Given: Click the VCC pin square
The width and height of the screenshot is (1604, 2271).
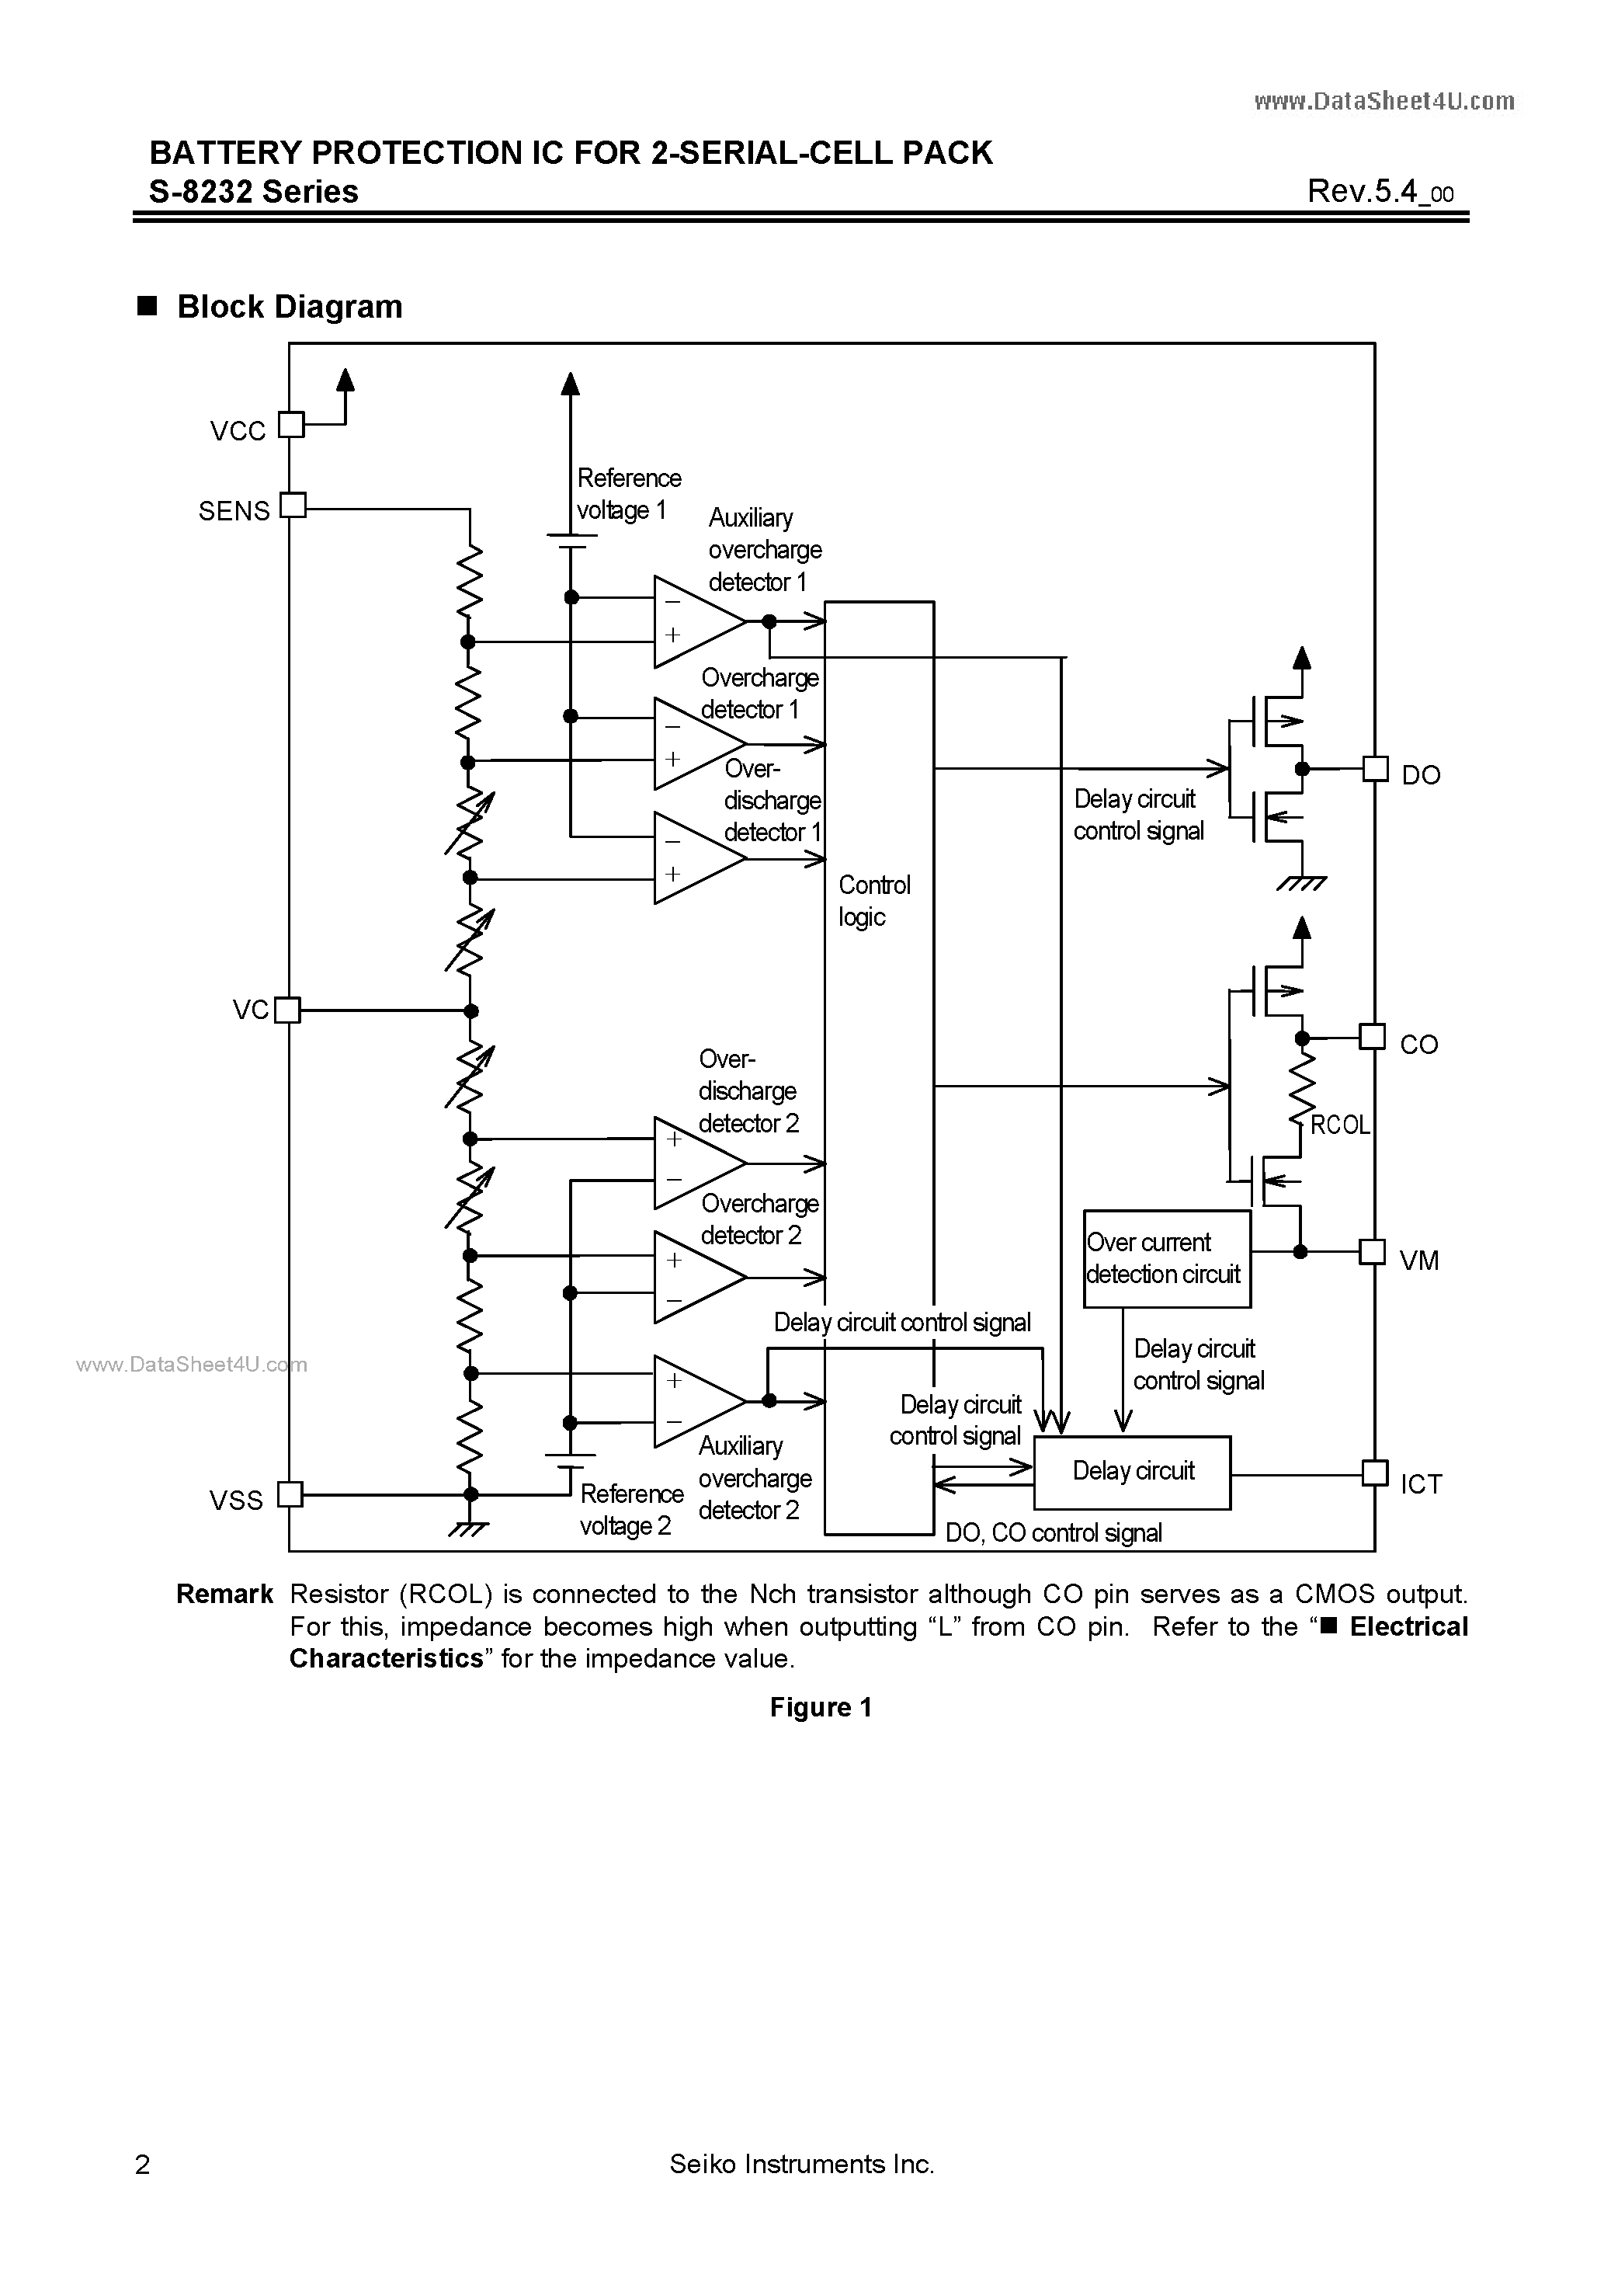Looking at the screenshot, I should [290, 424].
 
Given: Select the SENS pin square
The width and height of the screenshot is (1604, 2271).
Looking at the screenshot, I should [293, 506].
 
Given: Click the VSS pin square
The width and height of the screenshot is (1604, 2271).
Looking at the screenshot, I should [290, 1494].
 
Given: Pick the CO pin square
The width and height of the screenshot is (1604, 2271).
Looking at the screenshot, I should [1373, 1037].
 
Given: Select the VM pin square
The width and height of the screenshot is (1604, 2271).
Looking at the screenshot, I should [1373, 1251].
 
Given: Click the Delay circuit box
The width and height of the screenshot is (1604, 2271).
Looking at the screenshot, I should [1132, 1473].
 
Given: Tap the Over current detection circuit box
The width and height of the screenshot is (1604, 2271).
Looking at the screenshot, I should [1167, 1258].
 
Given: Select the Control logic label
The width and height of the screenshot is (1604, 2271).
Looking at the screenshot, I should [874, 901].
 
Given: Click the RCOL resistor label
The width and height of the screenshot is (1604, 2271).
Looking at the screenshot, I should [1340, 1125].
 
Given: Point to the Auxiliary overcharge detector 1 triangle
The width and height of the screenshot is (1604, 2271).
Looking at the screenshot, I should [696, 621].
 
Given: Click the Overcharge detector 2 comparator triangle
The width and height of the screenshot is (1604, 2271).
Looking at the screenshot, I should [696, 1276].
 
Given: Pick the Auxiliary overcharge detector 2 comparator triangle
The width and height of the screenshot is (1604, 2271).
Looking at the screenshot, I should [696, 1400].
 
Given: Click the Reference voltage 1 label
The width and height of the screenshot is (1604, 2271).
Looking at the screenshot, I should [628, 493].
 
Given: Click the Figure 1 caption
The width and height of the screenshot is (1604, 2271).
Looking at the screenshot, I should [821, 1708].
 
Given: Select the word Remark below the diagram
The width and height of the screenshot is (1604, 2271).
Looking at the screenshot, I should [224, 1595].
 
